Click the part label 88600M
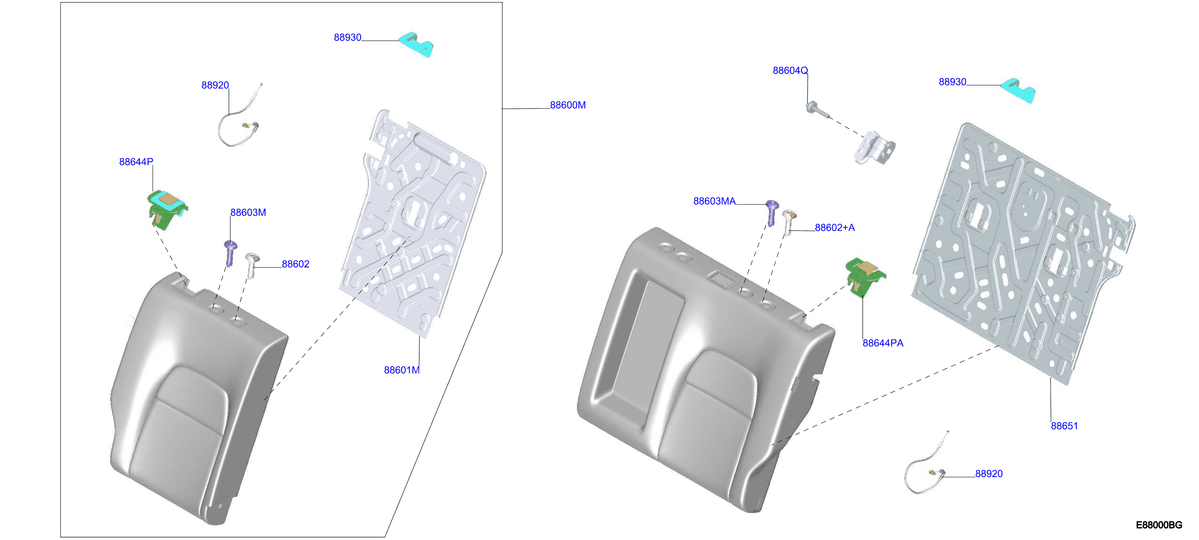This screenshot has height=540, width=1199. pyautogui.click(x=567, y=105)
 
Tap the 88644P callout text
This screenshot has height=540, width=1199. pyautogui.click(x=136, y=162)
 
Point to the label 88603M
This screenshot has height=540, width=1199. pyautogui.click(x=248, y=213)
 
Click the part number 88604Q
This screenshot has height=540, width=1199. pyautogui.click(x=790, y=70)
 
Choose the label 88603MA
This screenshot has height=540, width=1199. pyautogui.click(x=715, y=201)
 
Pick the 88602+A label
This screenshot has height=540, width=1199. pyautogui.click(x=835, y=228)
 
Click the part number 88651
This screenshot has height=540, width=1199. pyautogui.click(x=1064, y=426)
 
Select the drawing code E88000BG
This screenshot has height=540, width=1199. pyautogui.click(x=1159, y=525)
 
